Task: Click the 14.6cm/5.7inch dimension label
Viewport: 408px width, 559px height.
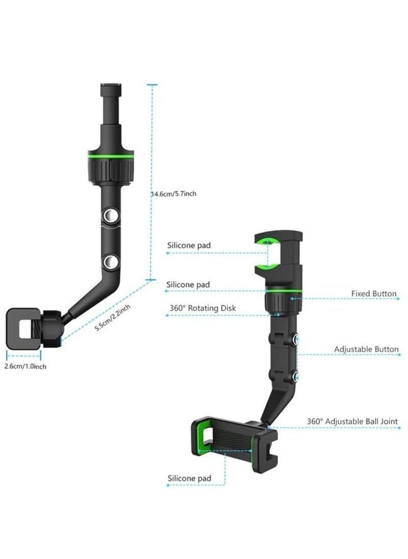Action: click(x=173, y=194)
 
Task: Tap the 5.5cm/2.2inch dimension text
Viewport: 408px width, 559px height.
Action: click(x=114, y=318)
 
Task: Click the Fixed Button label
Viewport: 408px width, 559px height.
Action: click(x=374, y=294)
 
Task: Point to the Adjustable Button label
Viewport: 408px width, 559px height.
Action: click(x=366, y=349)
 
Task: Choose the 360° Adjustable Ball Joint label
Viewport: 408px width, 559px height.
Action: click(x=352, y=422)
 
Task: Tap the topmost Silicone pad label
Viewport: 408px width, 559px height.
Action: click(x=189, y=245)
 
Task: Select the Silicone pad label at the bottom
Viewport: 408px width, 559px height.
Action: click(x=189, y=478)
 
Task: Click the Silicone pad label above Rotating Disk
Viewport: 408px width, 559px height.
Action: click(x=189, y=284)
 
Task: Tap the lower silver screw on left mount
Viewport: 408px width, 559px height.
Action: click(x=109, y=263)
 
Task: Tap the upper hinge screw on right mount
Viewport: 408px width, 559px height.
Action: click(x=295, y=338)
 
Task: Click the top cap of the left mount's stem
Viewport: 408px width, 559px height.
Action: click(x=110, y=85)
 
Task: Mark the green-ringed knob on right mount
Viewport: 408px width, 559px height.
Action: click(x=279, y=300)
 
